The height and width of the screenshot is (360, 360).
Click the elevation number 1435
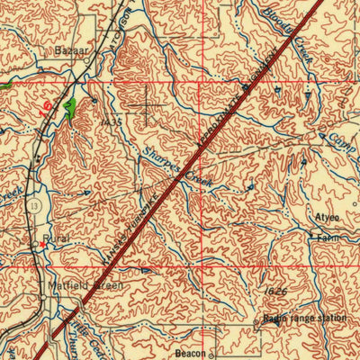tap(111, 121)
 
